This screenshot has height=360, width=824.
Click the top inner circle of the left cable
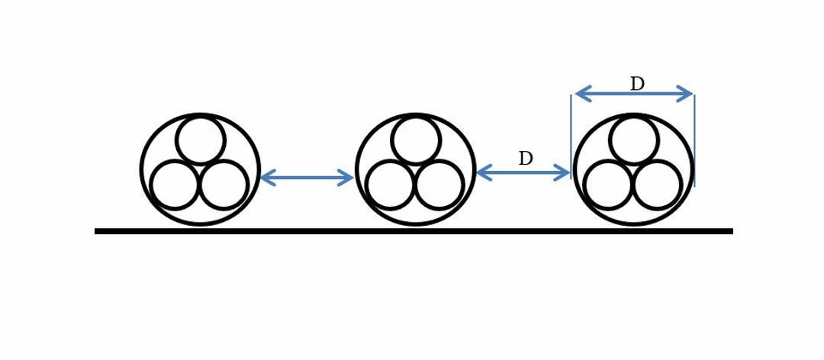(x=200, y=140)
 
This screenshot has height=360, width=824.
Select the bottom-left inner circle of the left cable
(x=175, y=185)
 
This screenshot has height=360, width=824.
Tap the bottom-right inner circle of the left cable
(x=224, y=185)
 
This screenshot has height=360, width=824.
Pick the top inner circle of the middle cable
(x=416, y=140)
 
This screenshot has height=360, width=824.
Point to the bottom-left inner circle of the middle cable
(x=391, y=185)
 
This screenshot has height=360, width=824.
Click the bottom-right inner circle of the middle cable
(x=439, y=185)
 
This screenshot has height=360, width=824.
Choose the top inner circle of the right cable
(x=634, y=140)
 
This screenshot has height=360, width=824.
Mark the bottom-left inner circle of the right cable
(x=608, y=185)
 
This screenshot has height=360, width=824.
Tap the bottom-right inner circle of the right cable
(x=657, y=185)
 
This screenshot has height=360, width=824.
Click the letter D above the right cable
(x=637, y=84)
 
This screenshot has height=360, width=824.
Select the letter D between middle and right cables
(x=526, y=159)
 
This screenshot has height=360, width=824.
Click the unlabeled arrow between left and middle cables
(x=307, y=178)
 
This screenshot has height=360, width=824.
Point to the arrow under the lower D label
(x=523, y=173)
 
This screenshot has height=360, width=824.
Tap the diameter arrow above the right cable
(x=633, y=94)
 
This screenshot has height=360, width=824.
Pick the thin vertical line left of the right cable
(x=571, y=130)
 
